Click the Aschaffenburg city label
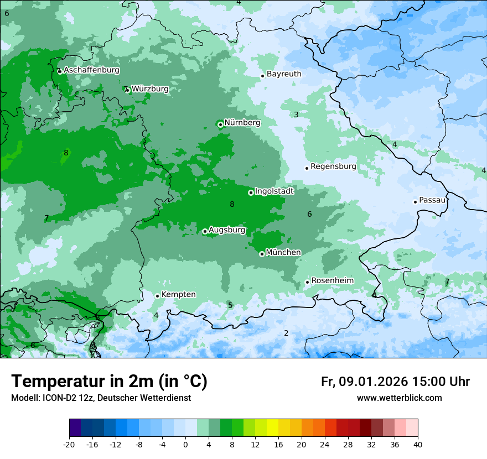click(x=91, y=70)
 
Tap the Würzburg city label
click(x=150, y=88)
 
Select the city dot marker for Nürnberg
click(x=220, y=124)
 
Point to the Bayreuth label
click(x=284, y=74)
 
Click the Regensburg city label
click(x=333, y=166)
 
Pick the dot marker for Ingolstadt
click(x=251, y=192)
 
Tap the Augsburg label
click(x=227, y=230)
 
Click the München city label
click(x=283, y=252)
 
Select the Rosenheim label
click(x=332, y=280)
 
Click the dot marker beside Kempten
click(x=157, y=296)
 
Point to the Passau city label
click(x=432, y=200)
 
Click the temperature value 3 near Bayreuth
click(x=296, y=114)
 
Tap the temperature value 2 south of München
click(x=286, y=333)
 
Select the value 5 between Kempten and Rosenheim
click(x=230, y=305)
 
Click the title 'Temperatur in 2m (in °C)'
click(x=109, y=381)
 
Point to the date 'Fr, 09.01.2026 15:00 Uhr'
click(x=395, y=382)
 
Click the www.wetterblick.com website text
click(x=399, y=398)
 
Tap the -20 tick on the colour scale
click(x=69, y=444)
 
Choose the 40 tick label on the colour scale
click(x=418, y=444)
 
